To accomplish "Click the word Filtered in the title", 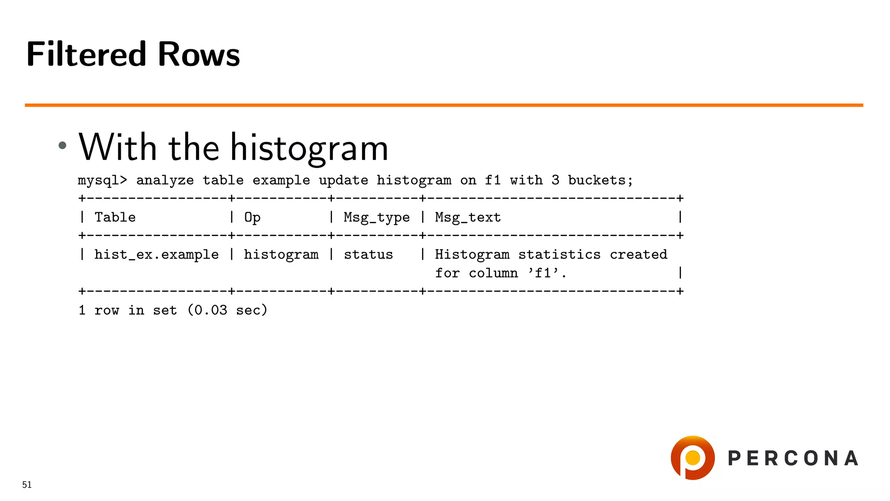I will point(86,54).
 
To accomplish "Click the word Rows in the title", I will point(199,54).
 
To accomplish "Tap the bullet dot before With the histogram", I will point(63,145).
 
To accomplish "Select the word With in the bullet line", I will point(117,147).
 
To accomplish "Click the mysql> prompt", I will point(103,180).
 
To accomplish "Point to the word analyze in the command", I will point(165,180).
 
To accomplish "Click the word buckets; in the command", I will point(601,180).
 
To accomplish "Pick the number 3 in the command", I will point(555,180).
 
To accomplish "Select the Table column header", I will point(115,217).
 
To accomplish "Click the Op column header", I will point(252,217).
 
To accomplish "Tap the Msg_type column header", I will point(376,217).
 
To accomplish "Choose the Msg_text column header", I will point(468,217).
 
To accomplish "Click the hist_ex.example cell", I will point(156,254).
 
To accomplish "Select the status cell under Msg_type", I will point(368,254).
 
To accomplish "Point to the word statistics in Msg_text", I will point(559,254).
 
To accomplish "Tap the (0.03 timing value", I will point(207,310).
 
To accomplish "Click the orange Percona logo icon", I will point(693,458).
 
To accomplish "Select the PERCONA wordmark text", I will point(793,458).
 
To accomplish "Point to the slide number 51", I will point(27,485).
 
